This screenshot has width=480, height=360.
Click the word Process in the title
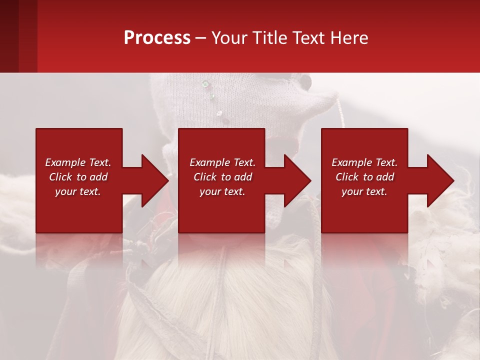(157, 37)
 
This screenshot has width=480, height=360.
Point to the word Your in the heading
(230, 37)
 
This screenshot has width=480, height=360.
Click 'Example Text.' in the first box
(78, 162)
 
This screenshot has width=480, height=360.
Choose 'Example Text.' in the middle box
(222, 162)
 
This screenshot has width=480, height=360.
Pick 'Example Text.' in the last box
(364, 162)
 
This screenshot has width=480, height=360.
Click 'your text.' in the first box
(78, 191)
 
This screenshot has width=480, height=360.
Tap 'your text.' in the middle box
(222, 191)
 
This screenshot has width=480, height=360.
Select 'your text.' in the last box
(364, 191)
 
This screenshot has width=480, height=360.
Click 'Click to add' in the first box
(78, 177)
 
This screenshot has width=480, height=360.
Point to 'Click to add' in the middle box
(222, 177)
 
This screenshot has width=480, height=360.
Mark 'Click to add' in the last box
(364, 177)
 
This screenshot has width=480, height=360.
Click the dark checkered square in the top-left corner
(18, 36)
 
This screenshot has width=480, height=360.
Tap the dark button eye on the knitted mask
(304, 80)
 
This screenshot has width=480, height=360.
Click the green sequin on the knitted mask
(204, 84)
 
